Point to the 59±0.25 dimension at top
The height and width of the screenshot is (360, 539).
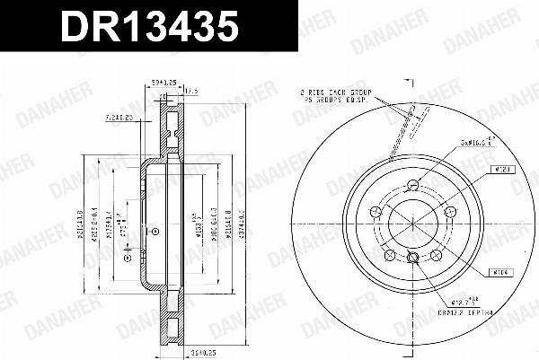click(x=163, y=91)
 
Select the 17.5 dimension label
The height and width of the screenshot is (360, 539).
click(x=190, y=91)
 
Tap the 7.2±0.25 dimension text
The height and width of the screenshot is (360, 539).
click(x=119, y=118)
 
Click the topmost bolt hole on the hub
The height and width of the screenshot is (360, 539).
click(x=412, y=185)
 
